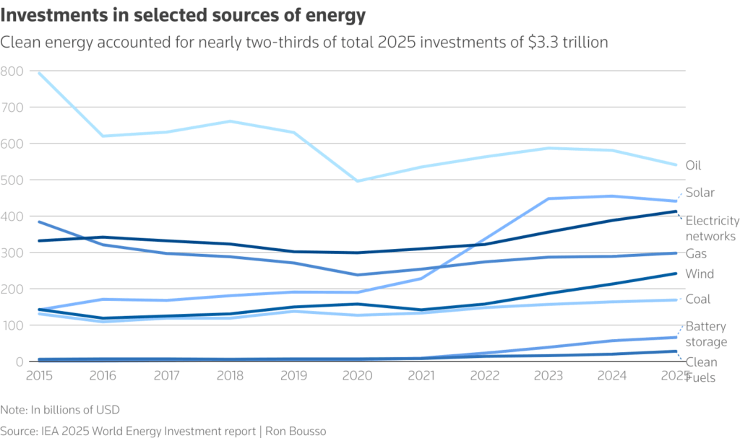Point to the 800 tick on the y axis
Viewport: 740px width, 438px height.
coord(13,71)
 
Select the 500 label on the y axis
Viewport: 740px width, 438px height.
coord(13,180)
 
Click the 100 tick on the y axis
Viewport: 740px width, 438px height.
coord(13,325)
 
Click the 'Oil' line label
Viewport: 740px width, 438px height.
coord(693,165)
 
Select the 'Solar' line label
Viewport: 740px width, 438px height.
coord(700,193)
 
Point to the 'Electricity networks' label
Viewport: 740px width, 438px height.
coord(712,228)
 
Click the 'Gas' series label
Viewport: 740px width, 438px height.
coord(695,254)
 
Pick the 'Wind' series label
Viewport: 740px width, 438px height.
coord(699,274)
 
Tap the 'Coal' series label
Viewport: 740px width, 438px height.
coord(698,299)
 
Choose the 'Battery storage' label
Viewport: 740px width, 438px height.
coord(705,333)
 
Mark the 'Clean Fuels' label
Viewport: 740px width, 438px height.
coord(701,369)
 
